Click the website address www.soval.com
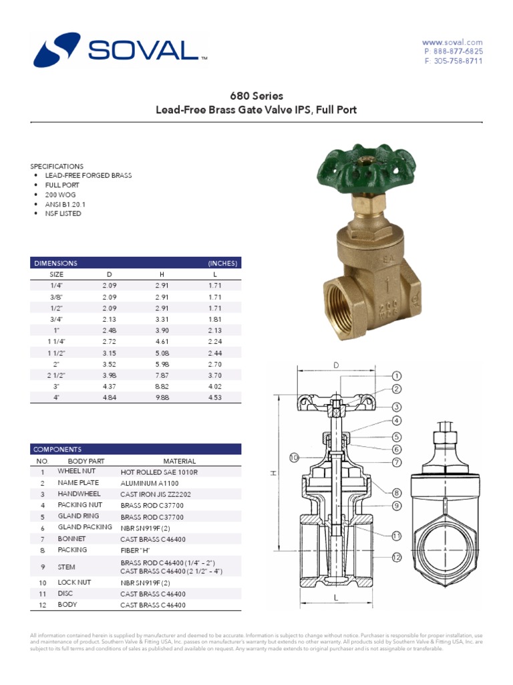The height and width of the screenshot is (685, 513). click(452, 42)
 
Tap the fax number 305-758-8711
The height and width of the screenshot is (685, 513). click(454, 61)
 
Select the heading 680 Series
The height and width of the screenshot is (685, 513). click(256, 96)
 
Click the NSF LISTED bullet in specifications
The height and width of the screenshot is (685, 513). click(63, 213)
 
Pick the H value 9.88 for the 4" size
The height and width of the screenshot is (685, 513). click(162, 397)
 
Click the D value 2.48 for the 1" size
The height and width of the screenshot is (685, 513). click(110, 330)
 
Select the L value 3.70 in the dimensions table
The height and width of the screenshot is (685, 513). click(214, 375)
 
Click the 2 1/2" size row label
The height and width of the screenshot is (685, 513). click(56, 375)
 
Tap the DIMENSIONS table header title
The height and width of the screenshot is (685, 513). click(56, 263)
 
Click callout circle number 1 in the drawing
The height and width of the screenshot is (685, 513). click(396, 376)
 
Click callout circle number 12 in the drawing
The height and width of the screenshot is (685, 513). click(396, 557)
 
